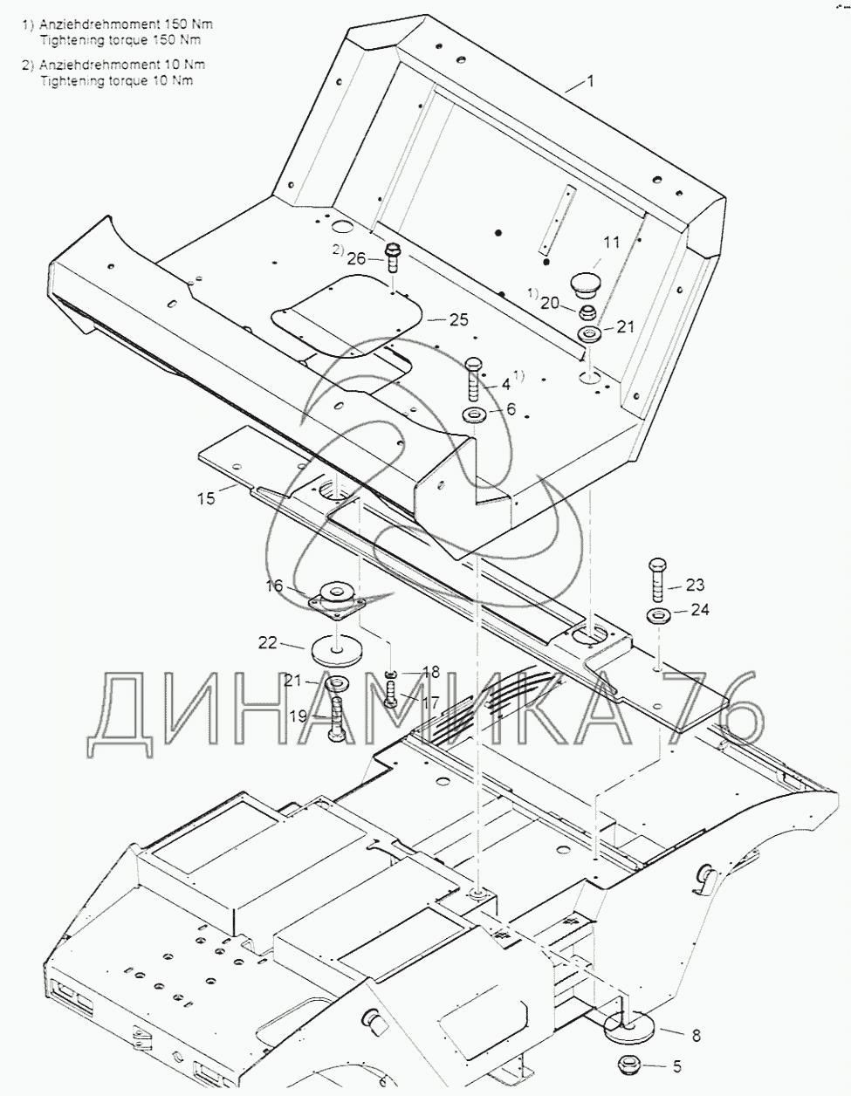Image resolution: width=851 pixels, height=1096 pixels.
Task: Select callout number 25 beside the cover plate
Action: [459, 319]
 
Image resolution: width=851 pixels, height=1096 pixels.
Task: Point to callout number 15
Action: [205, 499]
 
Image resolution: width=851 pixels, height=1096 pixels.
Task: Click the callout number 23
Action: [694, 585]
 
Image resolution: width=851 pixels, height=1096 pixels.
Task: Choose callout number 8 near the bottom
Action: [695, 1037]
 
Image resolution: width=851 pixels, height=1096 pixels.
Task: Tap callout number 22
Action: [267, 643]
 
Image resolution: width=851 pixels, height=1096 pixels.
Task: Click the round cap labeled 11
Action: [584, 284]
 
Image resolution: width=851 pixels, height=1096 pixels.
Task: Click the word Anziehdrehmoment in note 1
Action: [92, 24]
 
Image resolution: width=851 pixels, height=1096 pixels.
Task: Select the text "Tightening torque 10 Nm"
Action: [116, 80]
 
